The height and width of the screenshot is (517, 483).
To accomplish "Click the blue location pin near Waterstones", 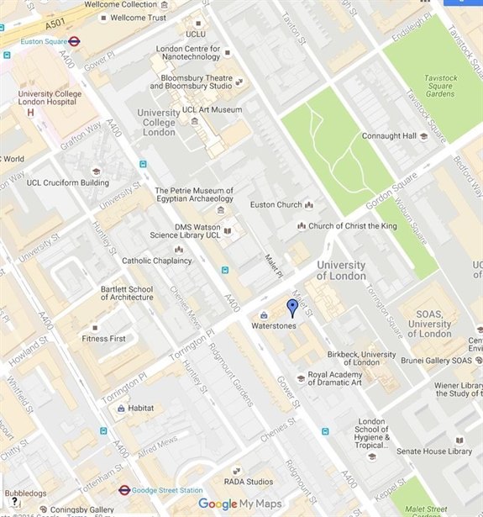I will (x=292, y=308).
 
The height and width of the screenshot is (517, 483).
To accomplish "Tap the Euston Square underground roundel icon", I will (x=74, y=39).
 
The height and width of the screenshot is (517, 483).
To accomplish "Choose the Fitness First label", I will (x=103, y=339).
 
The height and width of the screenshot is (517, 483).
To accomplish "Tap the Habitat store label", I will (x=141, y=408).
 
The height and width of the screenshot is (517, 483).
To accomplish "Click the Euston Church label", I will (x=276, y=204).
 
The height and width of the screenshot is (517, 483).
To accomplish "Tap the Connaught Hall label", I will (x=389, y=135).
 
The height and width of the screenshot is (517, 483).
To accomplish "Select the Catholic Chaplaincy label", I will (x=157, y=261).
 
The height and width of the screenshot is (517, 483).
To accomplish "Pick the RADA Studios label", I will (x=249, y=481).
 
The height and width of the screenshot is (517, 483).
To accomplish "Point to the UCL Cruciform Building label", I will (x=68, y=182).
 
